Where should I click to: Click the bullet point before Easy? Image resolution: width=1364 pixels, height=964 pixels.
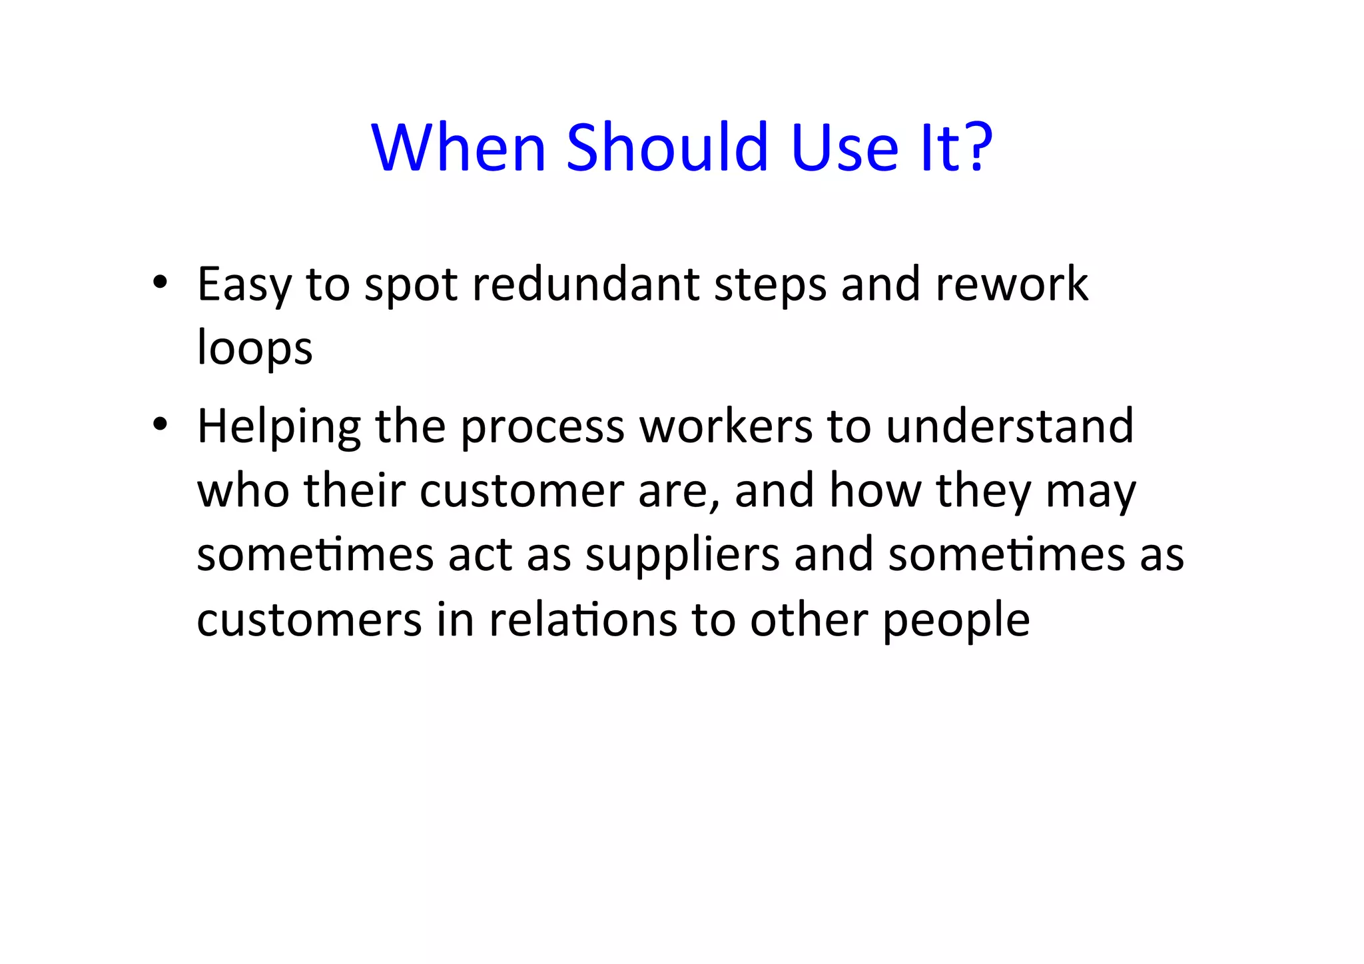click(159, 282)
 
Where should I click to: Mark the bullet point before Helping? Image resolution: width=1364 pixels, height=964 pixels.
click(159, 424)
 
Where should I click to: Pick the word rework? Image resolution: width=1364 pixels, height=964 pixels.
click(1012, 284)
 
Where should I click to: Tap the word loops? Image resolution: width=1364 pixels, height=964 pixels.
click(254, 349)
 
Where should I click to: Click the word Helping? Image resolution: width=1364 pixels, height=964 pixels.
click(279, 427)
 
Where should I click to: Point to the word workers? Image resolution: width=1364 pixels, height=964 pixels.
click(726, 426)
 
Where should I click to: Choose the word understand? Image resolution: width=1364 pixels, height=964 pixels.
click(1010, 426)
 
